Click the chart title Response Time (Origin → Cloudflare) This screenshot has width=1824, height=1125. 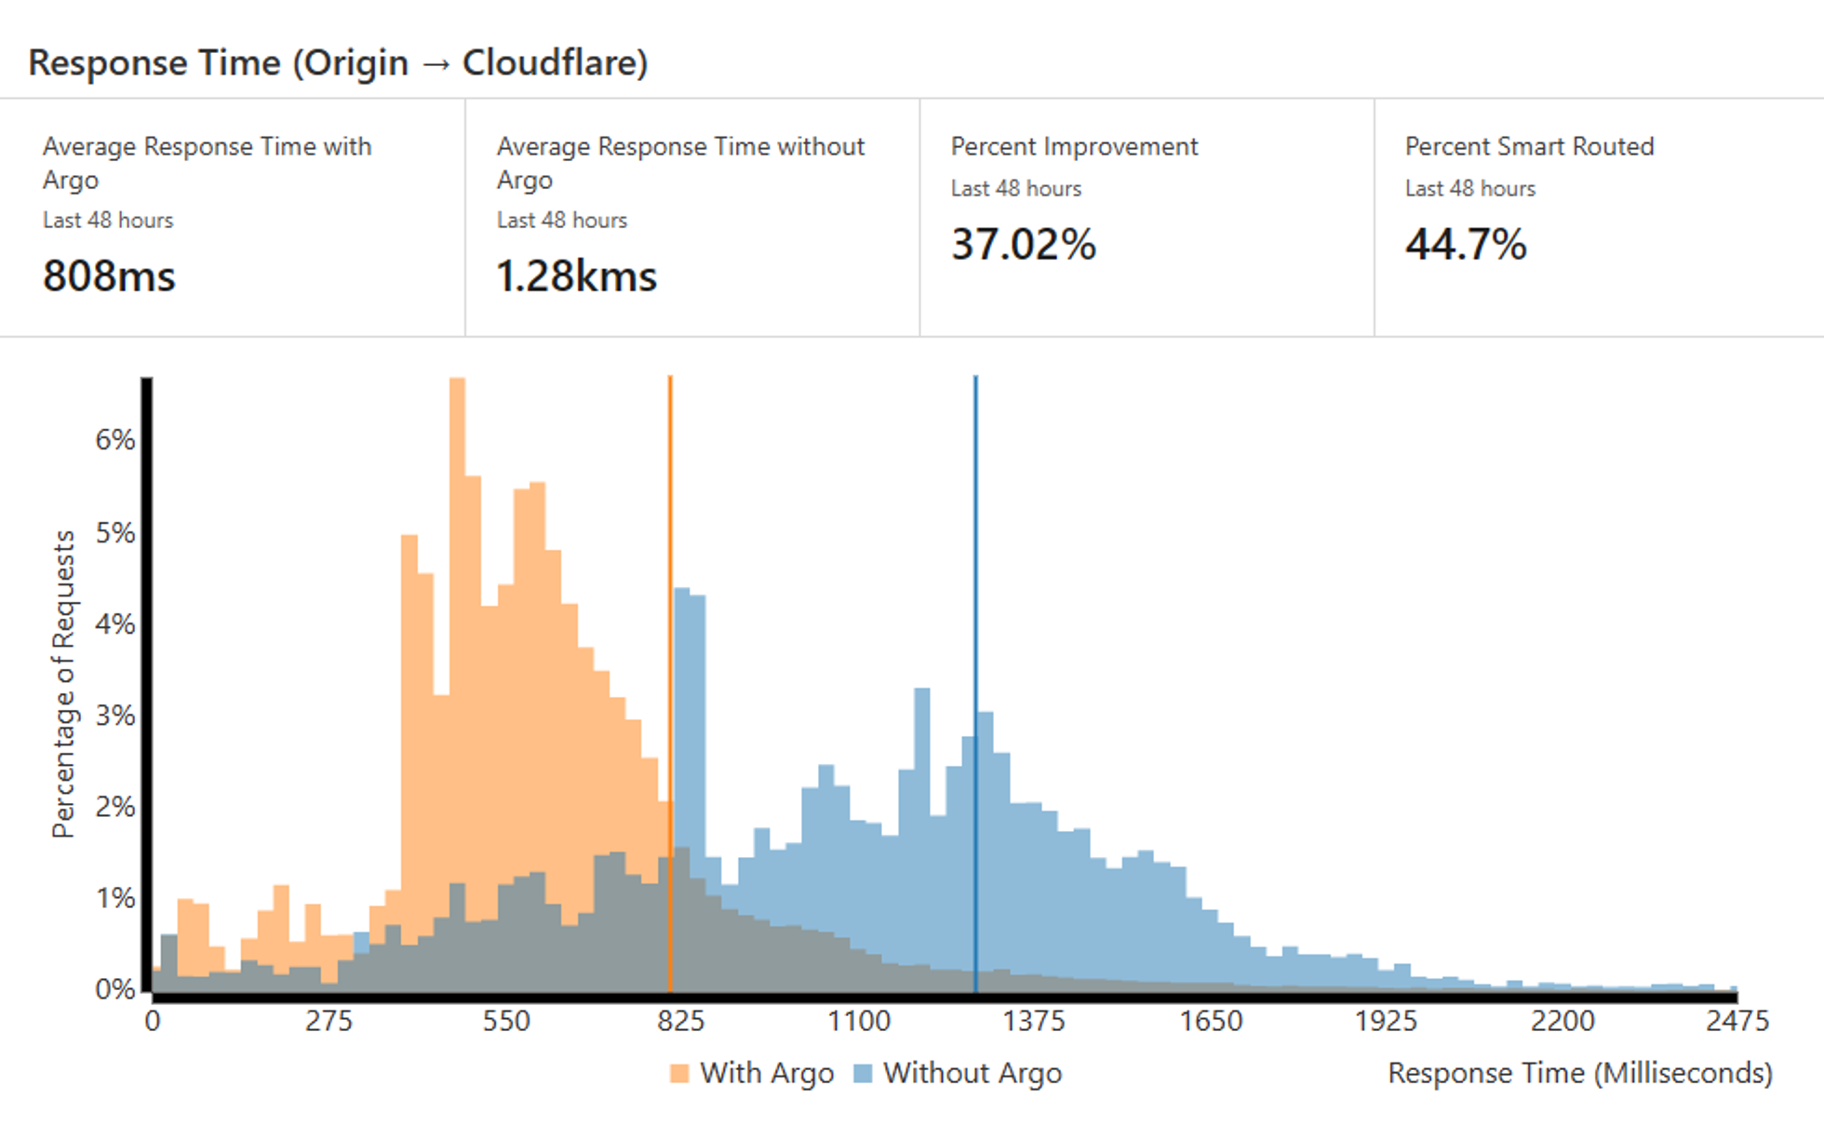tap(338, 63)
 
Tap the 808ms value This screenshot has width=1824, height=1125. tap(109, 276)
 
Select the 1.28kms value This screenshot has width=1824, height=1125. tap(576, 276)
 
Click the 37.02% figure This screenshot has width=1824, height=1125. tap(1023, 245)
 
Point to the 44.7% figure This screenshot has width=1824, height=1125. tap(1465, 245)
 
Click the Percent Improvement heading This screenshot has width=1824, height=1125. tap(1074, 147)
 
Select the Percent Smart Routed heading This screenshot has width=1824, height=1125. tap(1529, 147)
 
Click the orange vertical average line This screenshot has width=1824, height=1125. tap(670, 558)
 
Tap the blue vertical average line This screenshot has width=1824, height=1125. tap(975, 558)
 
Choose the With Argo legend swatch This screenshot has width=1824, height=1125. tap(679, 1074)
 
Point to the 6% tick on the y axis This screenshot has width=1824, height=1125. tap(115, 440)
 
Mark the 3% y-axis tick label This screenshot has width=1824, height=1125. tap(115, 716)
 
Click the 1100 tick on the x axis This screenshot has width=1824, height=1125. tap(858, 1022)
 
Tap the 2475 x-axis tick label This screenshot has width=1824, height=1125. tap(1737, 1022)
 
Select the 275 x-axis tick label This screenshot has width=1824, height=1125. tap(329, 1022)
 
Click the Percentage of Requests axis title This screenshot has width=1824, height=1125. tap(63, 684)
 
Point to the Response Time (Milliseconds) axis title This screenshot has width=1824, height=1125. tap(1579, 1074)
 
